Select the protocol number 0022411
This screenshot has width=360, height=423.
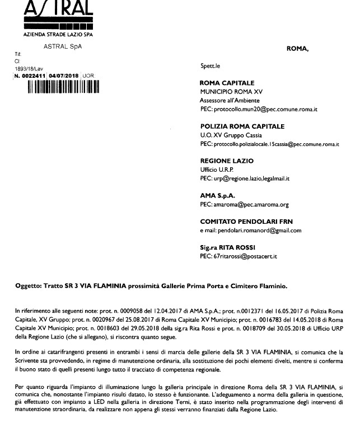coord(33,76)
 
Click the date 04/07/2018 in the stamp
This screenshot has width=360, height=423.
coord(64,76)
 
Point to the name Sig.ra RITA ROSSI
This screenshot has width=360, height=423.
coord(229,247)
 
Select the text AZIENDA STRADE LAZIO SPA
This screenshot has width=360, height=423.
coord(58,34)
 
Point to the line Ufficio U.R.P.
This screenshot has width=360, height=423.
coord(217,170)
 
